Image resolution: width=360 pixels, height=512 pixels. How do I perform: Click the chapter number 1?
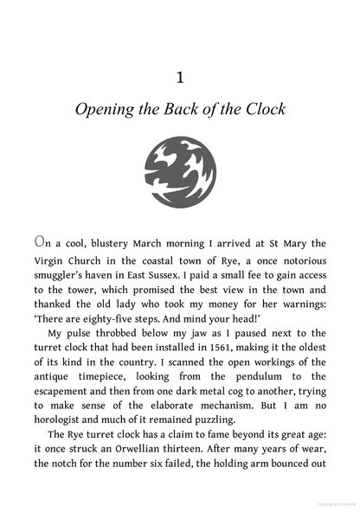click(x=179, y=78)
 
